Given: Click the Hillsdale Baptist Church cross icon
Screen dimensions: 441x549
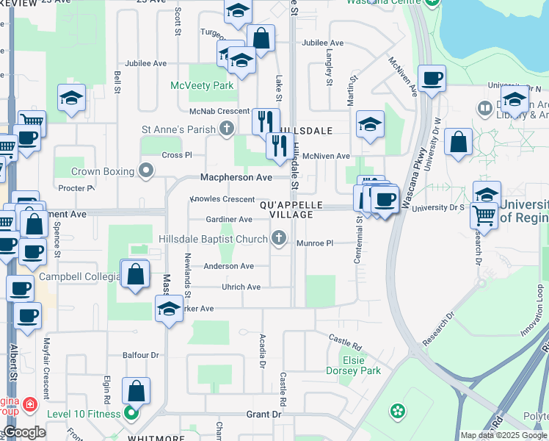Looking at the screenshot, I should (x=277, y=237).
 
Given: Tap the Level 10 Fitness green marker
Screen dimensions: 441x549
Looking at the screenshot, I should (x=131, y=413).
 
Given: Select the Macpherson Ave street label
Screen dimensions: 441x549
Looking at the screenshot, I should (x=236, y=178).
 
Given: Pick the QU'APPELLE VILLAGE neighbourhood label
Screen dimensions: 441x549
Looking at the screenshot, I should (x=287, y=209).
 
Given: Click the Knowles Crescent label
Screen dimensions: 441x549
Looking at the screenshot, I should (x=222, y=200).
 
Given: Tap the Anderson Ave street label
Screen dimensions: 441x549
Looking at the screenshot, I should (x=228, y=266).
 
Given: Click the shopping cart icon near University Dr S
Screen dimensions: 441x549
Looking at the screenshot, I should (x=484, y=215).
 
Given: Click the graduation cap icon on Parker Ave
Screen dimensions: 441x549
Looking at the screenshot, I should (x=169, y=308).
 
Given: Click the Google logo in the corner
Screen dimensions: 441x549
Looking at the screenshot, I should (x=25, y=432).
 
